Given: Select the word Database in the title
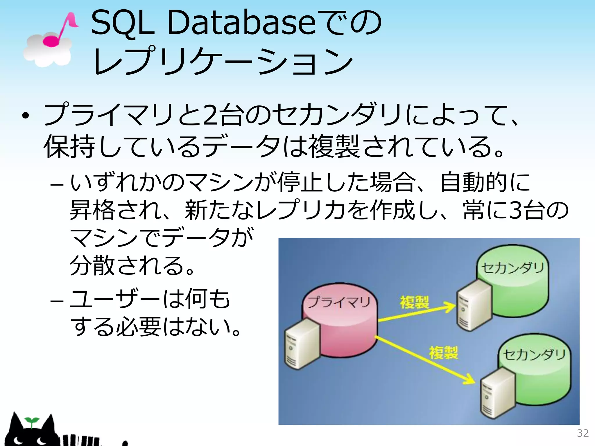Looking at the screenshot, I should click(241, 23).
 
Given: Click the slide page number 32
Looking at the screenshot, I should click(583, 433).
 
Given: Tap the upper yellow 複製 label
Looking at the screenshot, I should click(414, 302).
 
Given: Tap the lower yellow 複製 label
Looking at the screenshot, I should click(443, 353).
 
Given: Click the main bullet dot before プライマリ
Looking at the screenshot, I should click(26, 116).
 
